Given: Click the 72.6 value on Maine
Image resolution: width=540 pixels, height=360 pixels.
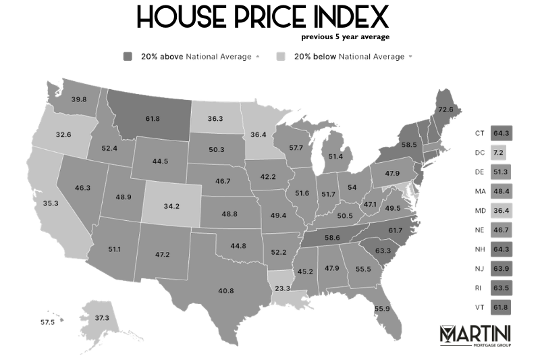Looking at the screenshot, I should [446, 109].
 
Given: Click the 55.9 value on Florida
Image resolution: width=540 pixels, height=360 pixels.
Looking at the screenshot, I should [382, 309].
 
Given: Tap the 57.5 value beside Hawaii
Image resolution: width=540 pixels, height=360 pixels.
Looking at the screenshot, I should [47, 323].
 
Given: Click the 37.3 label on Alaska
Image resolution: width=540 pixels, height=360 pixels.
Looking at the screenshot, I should [101, 317].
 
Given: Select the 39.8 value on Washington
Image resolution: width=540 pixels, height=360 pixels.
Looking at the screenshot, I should [79, 99].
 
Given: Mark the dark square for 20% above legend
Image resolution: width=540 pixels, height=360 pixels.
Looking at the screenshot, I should [128, 56].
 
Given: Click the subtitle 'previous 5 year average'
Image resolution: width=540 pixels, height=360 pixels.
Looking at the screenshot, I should [345, 36].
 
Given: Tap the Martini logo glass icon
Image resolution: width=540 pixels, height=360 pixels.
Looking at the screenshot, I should [448, 334].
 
